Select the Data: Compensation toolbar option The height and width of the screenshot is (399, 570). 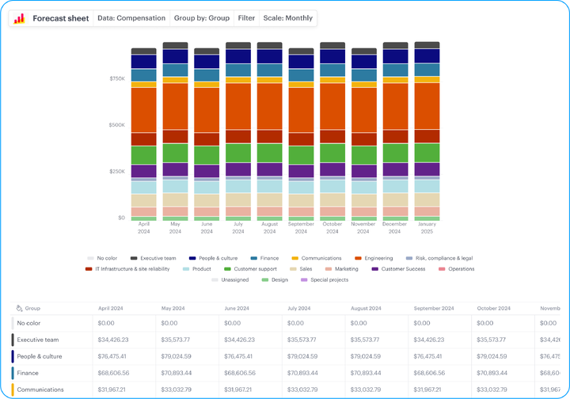(131, 17)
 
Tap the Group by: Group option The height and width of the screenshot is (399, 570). (201, 17)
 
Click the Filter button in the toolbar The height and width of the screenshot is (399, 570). (246, 17)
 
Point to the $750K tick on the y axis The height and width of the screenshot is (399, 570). (116, 79)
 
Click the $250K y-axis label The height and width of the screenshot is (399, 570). (116, 171)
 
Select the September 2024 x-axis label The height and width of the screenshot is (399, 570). (301, 227)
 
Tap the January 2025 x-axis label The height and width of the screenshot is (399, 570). (427, 227)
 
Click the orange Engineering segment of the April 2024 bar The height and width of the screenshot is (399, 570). (143, 109)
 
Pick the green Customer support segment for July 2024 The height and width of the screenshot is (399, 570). (238, 153)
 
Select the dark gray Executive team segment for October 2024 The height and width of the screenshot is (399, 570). (332, 46)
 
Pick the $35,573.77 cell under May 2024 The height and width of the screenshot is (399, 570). (179, 340)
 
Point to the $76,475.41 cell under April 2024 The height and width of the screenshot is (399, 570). (116, 356)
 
